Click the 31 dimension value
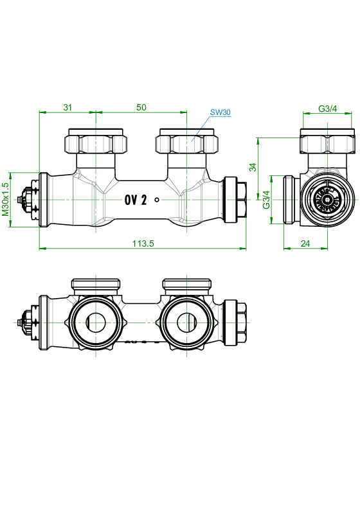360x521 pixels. [67, 107]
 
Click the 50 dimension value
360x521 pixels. [141, 107]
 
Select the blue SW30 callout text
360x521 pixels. [220, 112]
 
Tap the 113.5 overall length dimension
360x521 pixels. [143, 243]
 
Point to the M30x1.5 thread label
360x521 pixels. [6, 199]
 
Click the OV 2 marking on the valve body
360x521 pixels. [136, 200]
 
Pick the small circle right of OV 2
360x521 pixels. [157, 200]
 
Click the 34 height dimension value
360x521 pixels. [253, 167]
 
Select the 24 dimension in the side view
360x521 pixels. [305, 243]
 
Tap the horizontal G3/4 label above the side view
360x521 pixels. [327, 109]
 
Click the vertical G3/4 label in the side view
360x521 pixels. [267, 199]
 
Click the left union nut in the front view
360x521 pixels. [96, 141]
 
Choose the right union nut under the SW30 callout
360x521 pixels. [187, 141]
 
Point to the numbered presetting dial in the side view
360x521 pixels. [327, 199]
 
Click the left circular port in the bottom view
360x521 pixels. [96, 322]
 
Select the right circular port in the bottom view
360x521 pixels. [186, 322]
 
